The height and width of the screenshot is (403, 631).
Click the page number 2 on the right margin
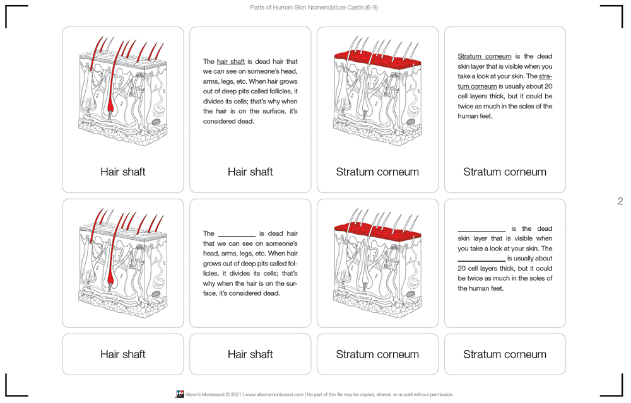coord(620,201)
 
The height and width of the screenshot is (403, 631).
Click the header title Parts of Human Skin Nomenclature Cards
coord(314,8)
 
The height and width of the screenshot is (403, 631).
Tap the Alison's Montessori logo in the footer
coord(180,394)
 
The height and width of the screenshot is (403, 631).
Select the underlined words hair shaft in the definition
coord(230,62)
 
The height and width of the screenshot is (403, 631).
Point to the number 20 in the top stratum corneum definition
coord(548,86)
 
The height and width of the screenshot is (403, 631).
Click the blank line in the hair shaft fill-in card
coord(237,234)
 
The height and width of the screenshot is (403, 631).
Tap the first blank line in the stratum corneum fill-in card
coord(481,229)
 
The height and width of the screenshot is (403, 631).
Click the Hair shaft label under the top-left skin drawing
coord(123,172)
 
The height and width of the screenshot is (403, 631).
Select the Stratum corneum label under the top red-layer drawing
coord(377,172)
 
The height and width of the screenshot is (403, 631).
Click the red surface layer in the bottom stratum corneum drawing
coord(377,233)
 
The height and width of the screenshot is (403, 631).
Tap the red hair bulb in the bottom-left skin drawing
coord(111,277)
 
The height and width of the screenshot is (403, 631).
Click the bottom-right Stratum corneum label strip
coord(505,354)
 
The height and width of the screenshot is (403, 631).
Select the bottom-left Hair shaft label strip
coord(123,354)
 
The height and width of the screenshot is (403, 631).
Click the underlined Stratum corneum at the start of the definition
coord(484,57)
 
